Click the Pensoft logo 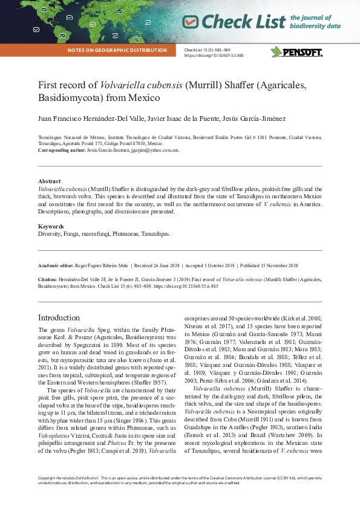[296, 52]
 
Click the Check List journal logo [234, 22]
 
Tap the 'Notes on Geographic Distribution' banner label [117, 50]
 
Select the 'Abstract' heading [49, 181]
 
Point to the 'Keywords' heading [51, 227]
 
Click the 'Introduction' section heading [59, 317]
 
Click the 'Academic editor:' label [55, 265]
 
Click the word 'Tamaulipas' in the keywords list [155, 233]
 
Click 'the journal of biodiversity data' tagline [315, 22]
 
